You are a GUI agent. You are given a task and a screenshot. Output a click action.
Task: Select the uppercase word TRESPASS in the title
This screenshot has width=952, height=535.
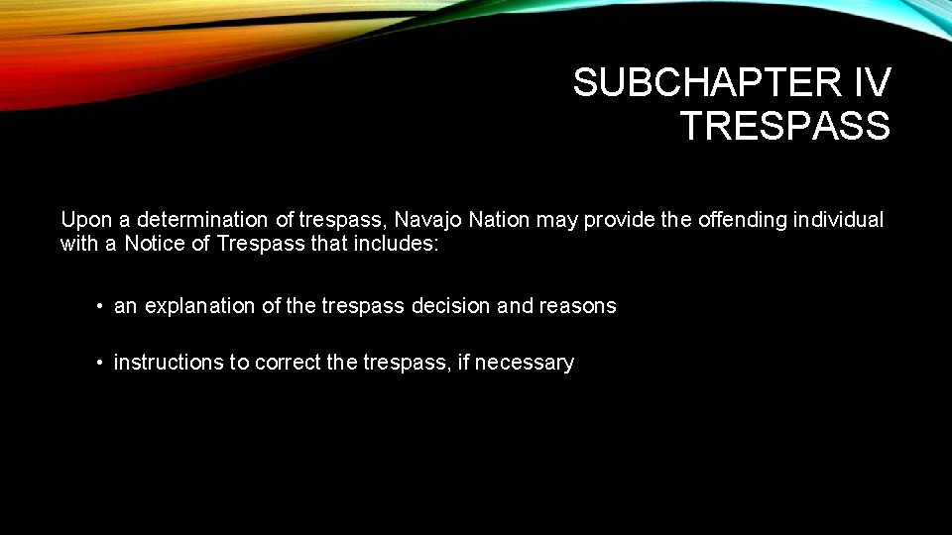pos(784,126)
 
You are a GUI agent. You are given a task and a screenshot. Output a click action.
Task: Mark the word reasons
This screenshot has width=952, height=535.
pos(577,306)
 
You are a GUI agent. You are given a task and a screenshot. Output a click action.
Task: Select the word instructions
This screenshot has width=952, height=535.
pos(169,363)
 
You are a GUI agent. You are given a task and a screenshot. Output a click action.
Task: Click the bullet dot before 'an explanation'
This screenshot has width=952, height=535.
pos(100,307)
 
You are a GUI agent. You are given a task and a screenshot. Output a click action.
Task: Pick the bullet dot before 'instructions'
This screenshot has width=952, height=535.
pos(100,364)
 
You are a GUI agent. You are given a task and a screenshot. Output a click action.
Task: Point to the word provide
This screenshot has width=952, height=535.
pos(617,220)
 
